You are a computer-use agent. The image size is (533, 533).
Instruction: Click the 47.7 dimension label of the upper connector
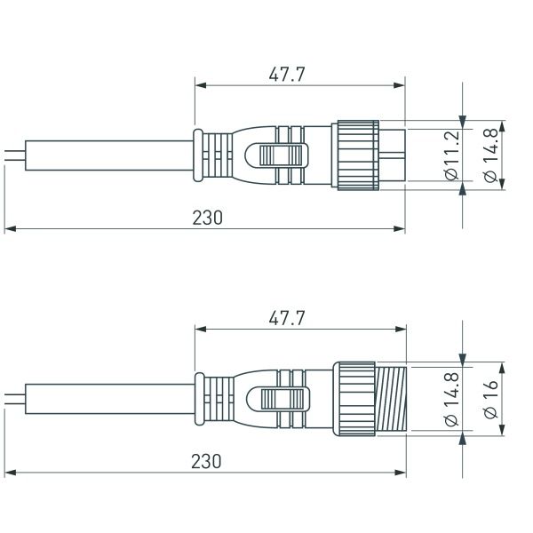click(x=286, y=75)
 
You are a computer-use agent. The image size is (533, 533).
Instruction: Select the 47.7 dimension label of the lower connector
click(x=286, y=319)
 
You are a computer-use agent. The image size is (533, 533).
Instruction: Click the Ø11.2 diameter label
click(x=451, y=155)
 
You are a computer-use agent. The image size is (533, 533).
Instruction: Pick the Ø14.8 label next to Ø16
click(x=451, y=399)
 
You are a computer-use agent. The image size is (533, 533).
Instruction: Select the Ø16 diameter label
click(x=491, y=399)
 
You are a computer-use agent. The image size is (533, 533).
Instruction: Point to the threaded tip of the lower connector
click(x=391, y=399)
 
